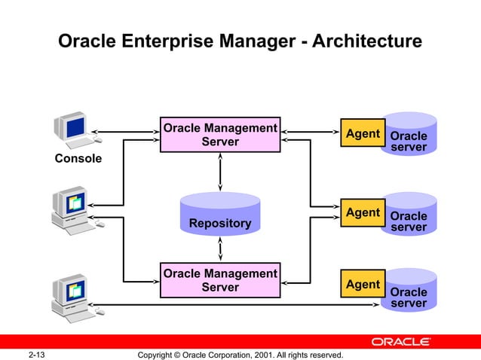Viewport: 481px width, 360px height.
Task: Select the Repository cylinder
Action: click(x=219, y=215)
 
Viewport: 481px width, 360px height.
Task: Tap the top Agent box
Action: click(x=362, y=133)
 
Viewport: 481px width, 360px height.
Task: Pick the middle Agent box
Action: click(x=362, y=212)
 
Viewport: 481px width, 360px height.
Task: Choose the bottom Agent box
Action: click(x=362, y=285)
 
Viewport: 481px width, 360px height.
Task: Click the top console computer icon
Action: click(x=75, y=130)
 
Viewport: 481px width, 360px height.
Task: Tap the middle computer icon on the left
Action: click(x=75, y=207)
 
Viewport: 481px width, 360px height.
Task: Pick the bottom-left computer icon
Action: click(x=75, y=294)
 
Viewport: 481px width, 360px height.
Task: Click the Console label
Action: click(x=78, y=160)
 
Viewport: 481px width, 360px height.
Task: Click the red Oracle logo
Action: click(x=401, y=342)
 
